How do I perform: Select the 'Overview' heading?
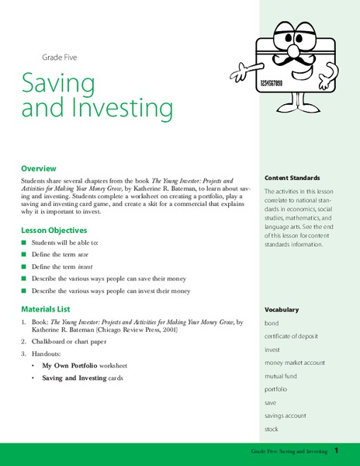pyautogui.click(x=39, y=168)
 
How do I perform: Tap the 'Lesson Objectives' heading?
pyautogui.click(x=54, y=230)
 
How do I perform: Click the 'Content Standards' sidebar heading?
pyautogui.click(x=292, y=178)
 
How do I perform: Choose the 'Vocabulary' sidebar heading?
pyautogui.click(x=281, y=309)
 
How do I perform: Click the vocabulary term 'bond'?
pyautogui.click(x=272, y=322)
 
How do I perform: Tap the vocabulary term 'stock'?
pyautogui.click(x=272, y=428)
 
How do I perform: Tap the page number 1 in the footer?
pyautogui.click(x=336, y=450)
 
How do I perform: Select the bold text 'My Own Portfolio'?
pyautogui.click(x=68, y=364)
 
